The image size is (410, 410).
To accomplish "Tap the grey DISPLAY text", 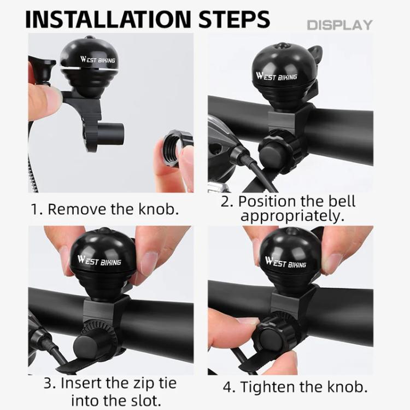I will point(339,25).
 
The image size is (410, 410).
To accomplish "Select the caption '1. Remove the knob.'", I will point(105,209).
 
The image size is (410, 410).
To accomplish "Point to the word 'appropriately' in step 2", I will point(292,215).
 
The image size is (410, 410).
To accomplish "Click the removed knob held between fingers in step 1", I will point(175,148).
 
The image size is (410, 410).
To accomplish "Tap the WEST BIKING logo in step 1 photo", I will point(98,58).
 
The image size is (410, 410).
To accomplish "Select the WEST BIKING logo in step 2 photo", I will point(278,75).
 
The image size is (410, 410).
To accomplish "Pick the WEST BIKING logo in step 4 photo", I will point(285,262).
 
